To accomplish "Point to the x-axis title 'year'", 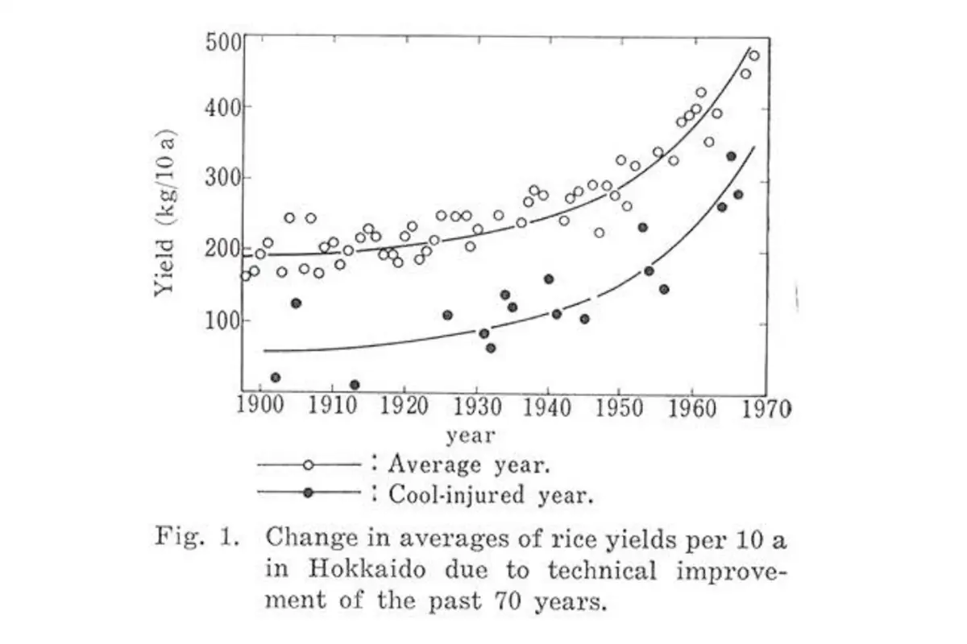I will click(x=471, y=436).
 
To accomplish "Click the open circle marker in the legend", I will click(x=308, y=465).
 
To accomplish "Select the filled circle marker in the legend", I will click(x=308, y=493).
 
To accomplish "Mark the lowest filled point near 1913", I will click(x=355, y=385).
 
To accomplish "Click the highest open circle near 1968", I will click(x=754, y=56).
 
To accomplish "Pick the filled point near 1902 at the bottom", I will click(x=276, y=378).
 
